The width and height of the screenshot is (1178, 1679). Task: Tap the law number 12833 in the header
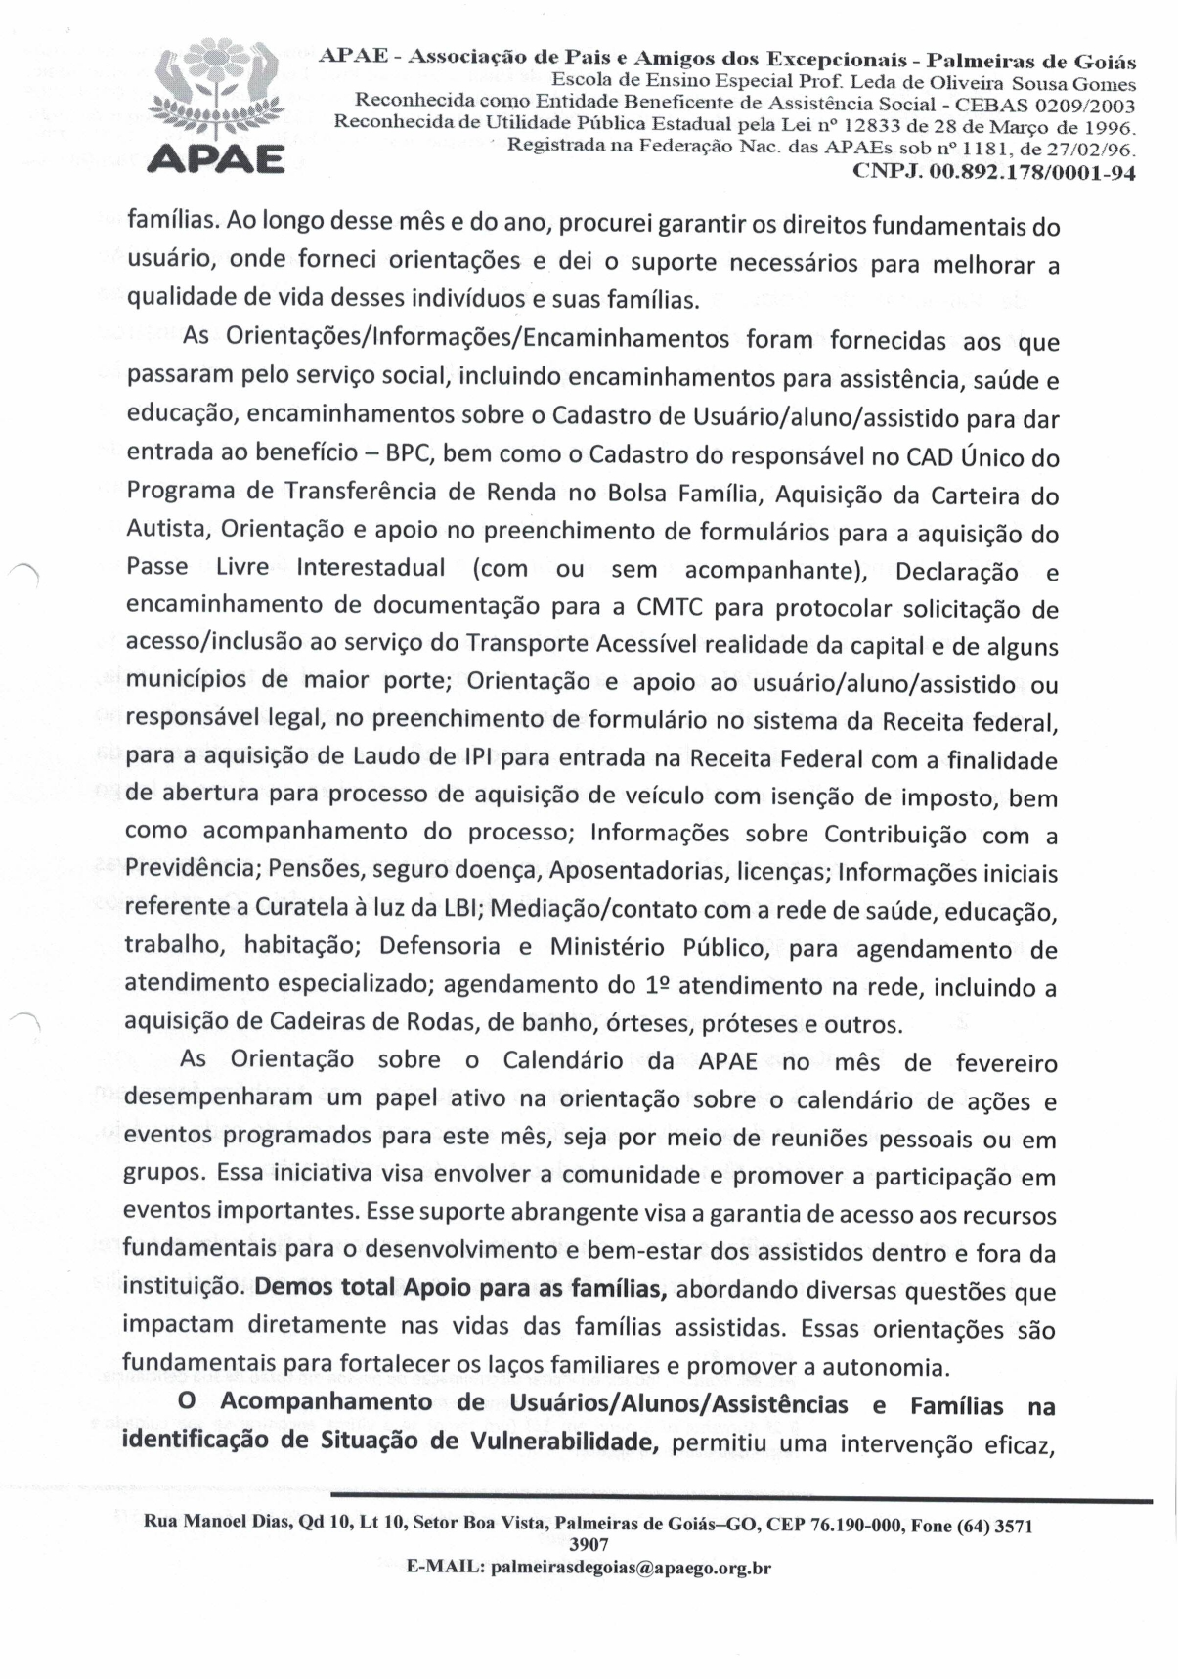point(874,126)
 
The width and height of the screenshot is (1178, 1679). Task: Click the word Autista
point(167,529)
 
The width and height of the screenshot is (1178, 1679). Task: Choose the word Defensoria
point(442,946)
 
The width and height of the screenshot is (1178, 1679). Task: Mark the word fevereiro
point(1006,1062)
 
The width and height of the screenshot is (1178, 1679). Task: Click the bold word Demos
point(294,1287)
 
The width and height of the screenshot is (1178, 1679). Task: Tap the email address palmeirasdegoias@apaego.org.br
point(631,1569)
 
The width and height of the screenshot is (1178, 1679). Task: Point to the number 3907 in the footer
point(589,1545)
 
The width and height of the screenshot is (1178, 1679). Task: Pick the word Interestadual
point(371,568)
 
